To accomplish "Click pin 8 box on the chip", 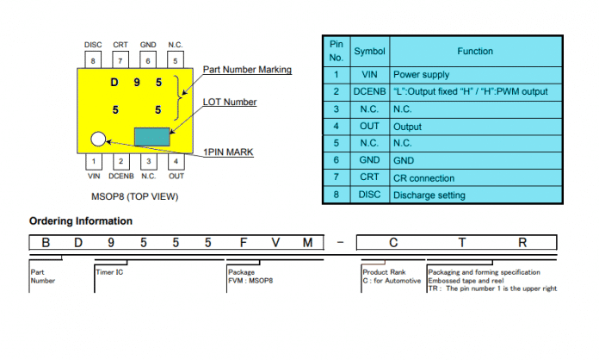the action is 93,60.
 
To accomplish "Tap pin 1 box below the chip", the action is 94,161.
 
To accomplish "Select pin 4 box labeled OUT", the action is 176,161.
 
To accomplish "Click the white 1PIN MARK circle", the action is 98,140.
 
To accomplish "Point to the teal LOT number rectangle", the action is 152,137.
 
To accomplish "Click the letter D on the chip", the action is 114,82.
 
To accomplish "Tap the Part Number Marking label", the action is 247,70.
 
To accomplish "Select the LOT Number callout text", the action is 230,102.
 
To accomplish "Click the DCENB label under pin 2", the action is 121,177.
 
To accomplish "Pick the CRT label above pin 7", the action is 120,45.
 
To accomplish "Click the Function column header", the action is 475,51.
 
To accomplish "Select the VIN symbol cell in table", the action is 369,75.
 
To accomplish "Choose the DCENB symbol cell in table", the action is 369,91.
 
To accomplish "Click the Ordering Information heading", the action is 81,220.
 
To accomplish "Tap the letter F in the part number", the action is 244,243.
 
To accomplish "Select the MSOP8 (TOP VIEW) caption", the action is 135,196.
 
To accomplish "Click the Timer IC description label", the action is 109,272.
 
